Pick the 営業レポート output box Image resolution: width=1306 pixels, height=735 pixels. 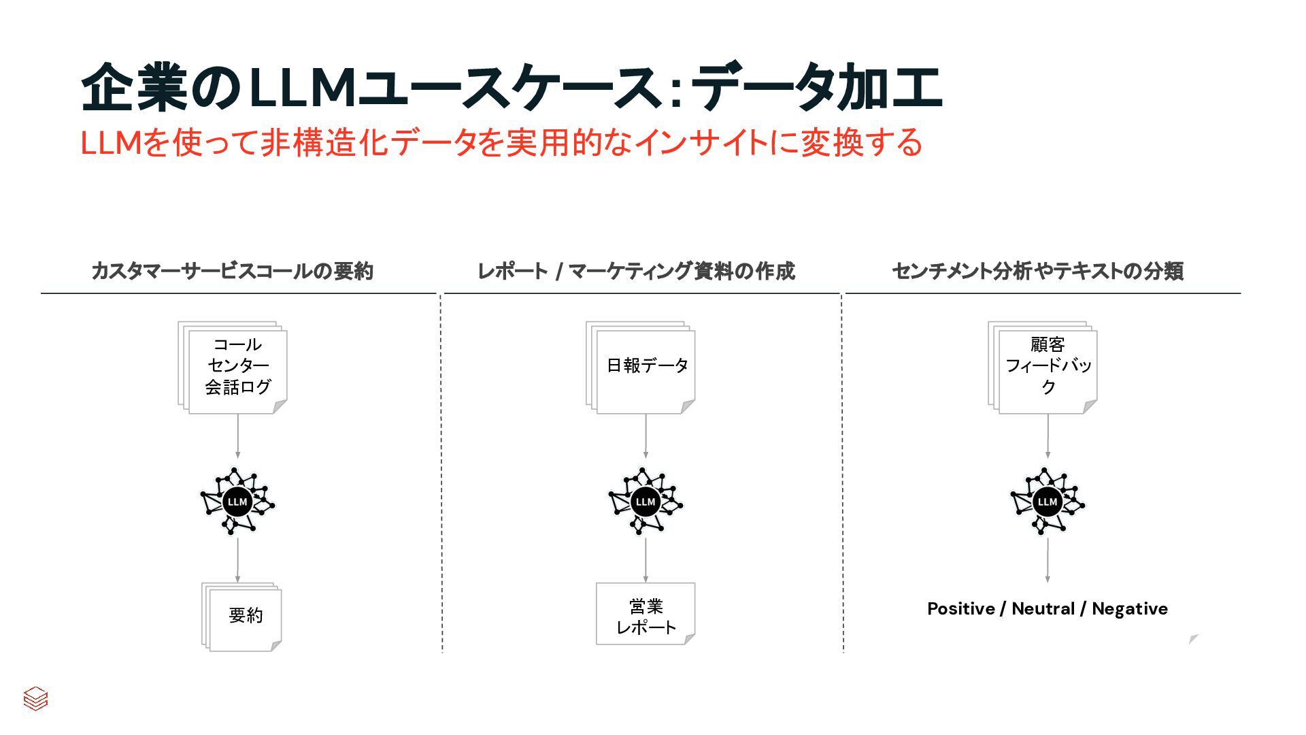click(646, 614)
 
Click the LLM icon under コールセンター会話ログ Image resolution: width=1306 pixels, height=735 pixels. click(237, 502)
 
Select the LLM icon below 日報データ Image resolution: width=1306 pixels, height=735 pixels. click(645, 502)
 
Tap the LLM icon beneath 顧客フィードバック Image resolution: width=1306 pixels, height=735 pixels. click(1047, 502)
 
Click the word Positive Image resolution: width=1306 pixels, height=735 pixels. click(960, 609)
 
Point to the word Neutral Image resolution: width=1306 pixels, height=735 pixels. click(1043, 609)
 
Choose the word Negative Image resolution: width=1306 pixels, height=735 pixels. click(1130, 609)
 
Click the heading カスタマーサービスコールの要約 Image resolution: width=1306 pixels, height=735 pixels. click(233, 272)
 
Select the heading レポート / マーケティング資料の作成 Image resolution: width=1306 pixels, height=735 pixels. click(636, 272)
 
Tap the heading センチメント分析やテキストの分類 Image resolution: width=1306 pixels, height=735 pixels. click(1037, 272)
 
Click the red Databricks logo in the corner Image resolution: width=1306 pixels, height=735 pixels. click(35, 698)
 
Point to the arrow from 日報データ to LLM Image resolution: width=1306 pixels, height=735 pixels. click(646, 436)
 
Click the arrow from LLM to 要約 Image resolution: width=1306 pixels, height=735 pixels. click(237, 560)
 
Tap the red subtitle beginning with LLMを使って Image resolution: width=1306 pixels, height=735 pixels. click(501, 143)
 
